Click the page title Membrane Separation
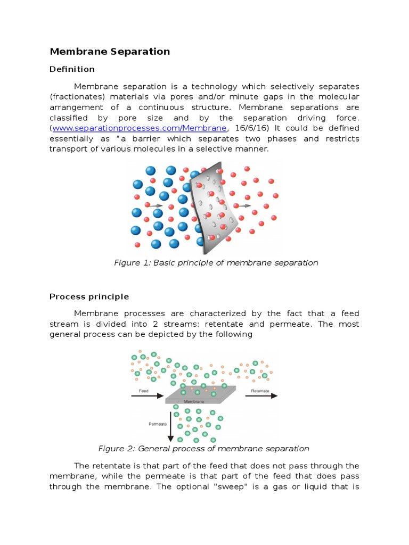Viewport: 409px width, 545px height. point(110,52)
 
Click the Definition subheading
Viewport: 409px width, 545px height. point(72,69)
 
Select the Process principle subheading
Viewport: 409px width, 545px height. point(89,296)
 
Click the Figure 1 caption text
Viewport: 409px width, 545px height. point(216,262)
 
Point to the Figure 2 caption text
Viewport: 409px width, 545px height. point(204,449)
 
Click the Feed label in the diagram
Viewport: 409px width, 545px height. point(143,391)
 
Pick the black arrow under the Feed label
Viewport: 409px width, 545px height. point(147,396)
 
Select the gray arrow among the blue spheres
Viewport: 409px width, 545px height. point(156,205)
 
